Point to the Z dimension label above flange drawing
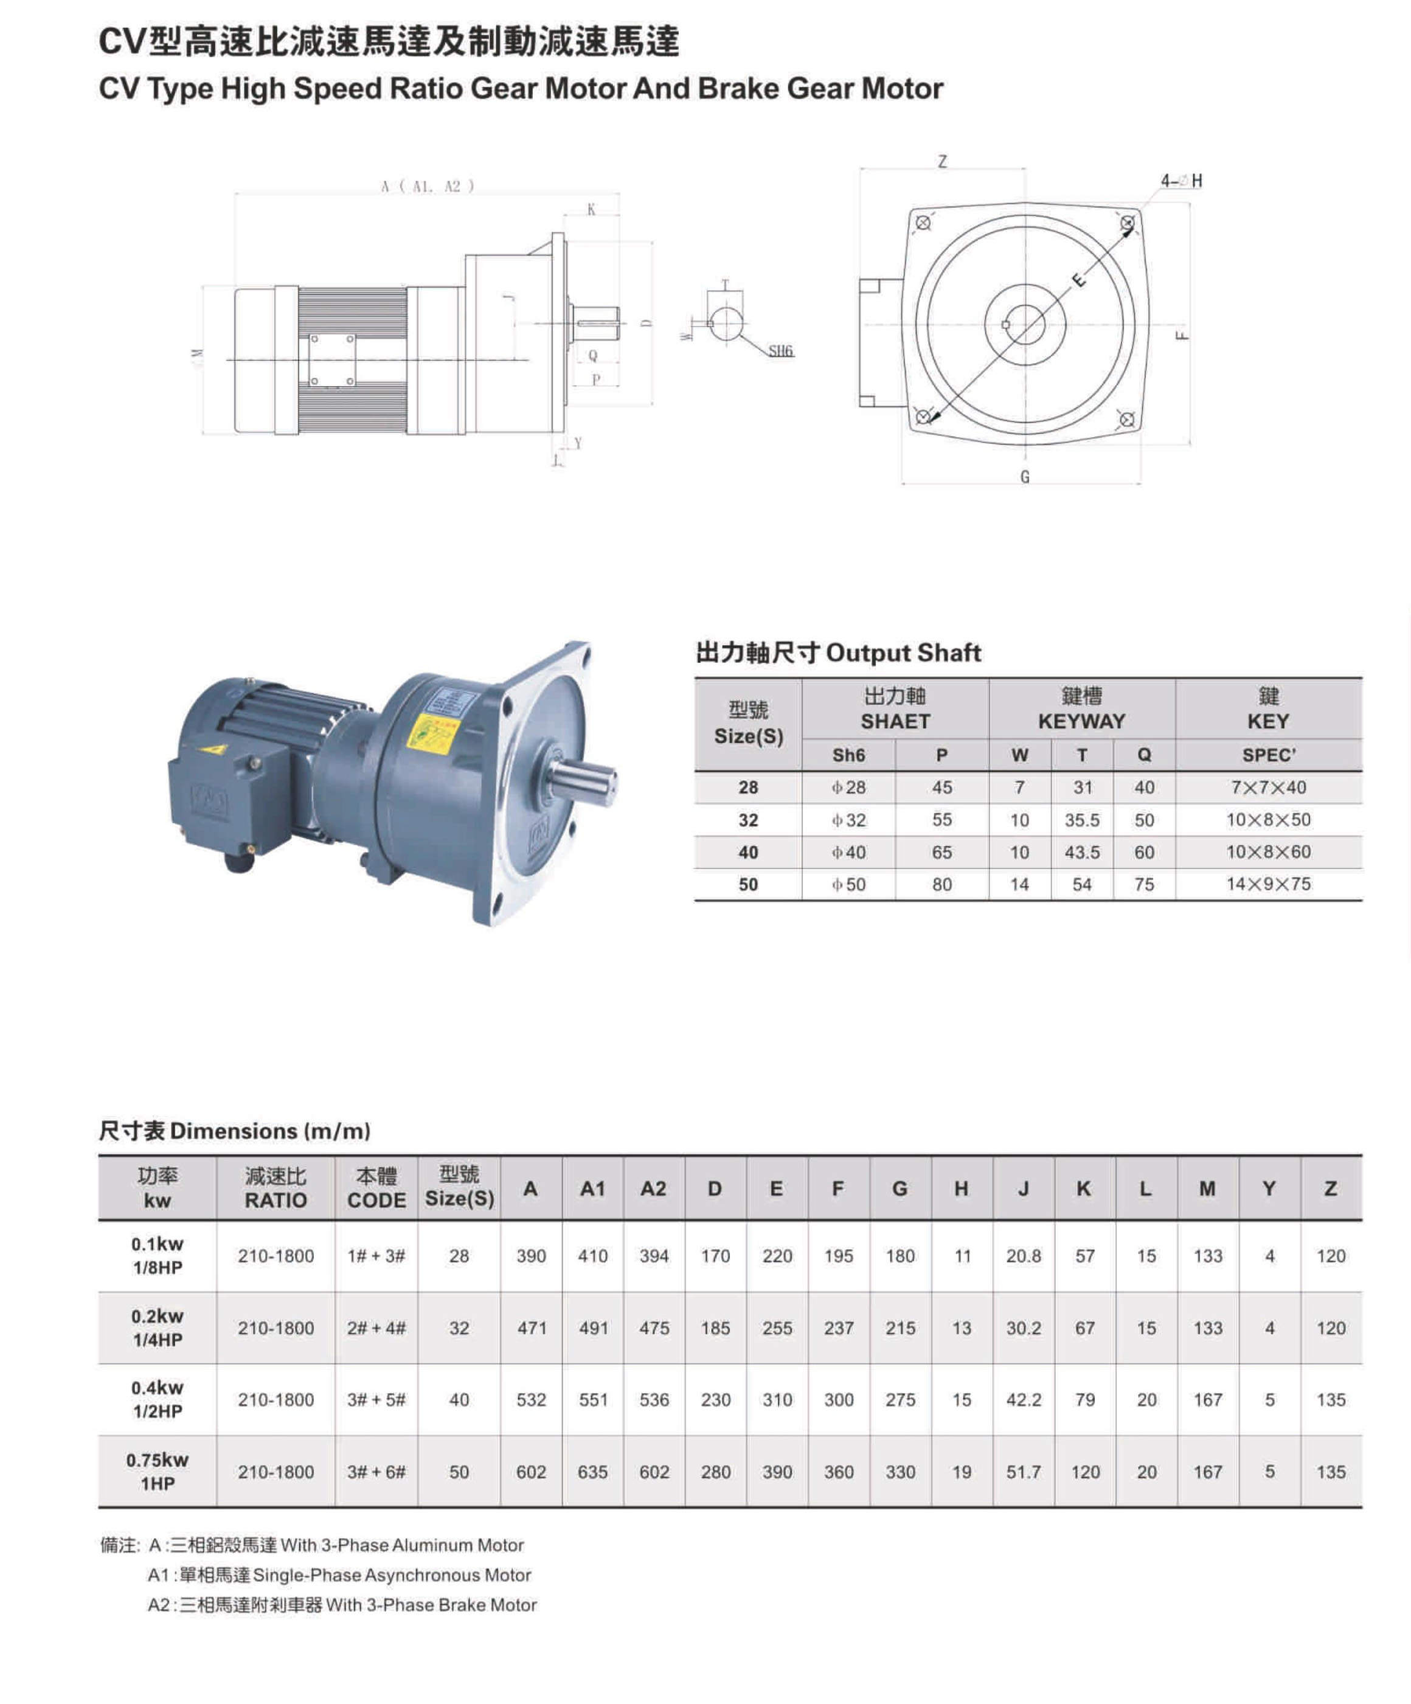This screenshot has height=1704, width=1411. click(x=942, y=162)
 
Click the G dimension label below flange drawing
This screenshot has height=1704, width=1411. click(x=1025, y=477)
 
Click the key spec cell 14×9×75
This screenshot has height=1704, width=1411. click(x=1268, y=884)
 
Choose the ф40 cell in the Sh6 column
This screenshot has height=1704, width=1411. click(x=848, y=853)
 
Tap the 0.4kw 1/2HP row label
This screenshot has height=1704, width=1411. click(x=158, y=1400)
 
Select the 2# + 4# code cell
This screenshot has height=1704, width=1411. click(x=376, y=1328)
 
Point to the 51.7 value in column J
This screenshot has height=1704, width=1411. click(x=1023, y=1472)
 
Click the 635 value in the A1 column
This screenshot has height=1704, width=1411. click(x=592, y=1472)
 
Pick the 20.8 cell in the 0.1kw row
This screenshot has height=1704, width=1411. click(x=1023, y=1256)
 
